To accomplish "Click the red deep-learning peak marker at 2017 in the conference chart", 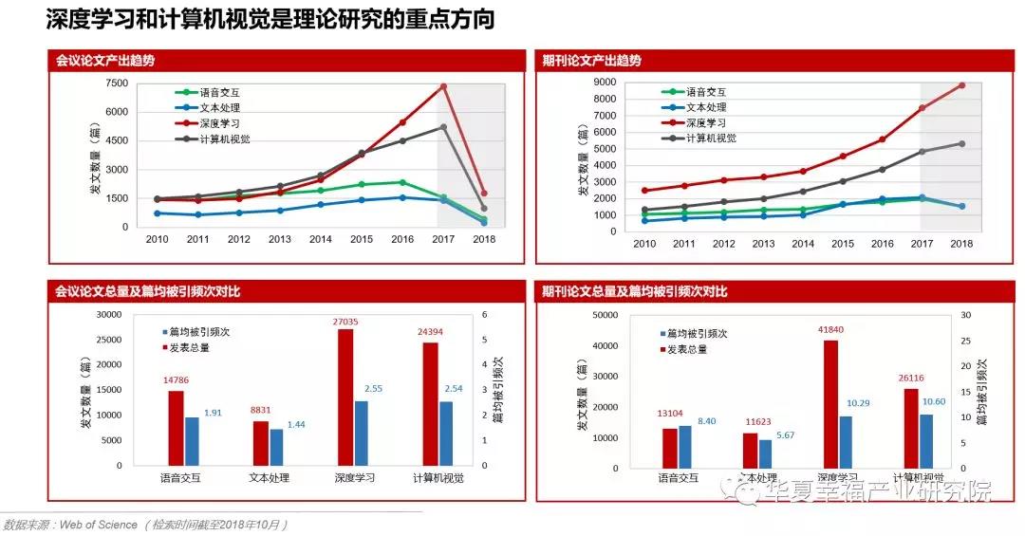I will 443,87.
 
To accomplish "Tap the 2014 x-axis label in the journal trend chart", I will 804,244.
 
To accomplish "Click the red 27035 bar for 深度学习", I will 345,397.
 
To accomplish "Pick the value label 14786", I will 176,381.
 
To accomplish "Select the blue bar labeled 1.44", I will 276,447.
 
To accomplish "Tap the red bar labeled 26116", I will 912,427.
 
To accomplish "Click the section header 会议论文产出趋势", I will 105,60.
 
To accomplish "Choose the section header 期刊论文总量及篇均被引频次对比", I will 635,292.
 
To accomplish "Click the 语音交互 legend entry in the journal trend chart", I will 708,92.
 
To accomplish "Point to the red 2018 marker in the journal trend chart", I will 961,85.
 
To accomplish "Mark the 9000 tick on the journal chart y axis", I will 605,83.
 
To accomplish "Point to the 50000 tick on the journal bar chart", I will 604,316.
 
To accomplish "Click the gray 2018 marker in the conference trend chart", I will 484,209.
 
